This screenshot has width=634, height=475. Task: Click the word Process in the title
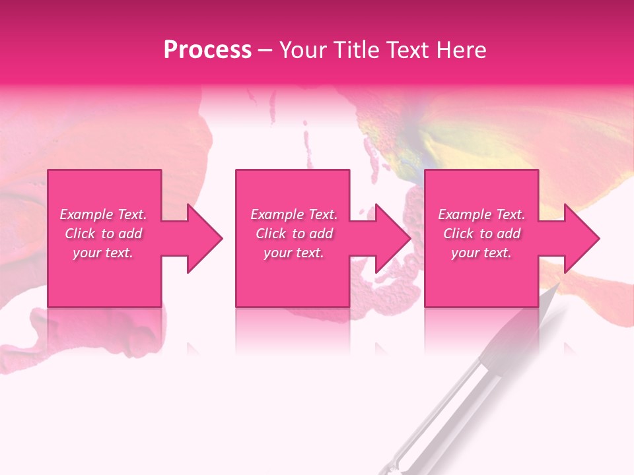(207, 50)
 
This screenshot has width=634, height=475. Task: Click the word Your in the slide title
(300, 50)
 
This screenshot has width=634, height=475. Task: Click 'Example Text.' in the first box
(103, 214)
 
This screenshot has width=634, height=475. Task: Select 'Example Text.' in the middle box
(294, 214)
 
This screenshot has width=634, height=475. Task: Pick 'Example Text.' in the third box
(481, 214)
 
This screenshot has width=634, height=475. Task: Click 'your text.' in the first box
(103, 253)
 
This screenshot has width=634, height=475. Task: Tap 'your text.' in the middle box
(294, 253)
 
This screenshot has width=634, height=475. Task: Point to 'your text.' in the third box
(481, 253)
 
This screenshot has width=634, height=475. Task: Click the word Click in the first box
(80, 234)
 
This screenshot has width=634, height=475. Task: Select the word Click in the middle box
(271, 234)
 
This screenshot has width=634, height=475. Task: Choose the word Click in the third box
(458, 234)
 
